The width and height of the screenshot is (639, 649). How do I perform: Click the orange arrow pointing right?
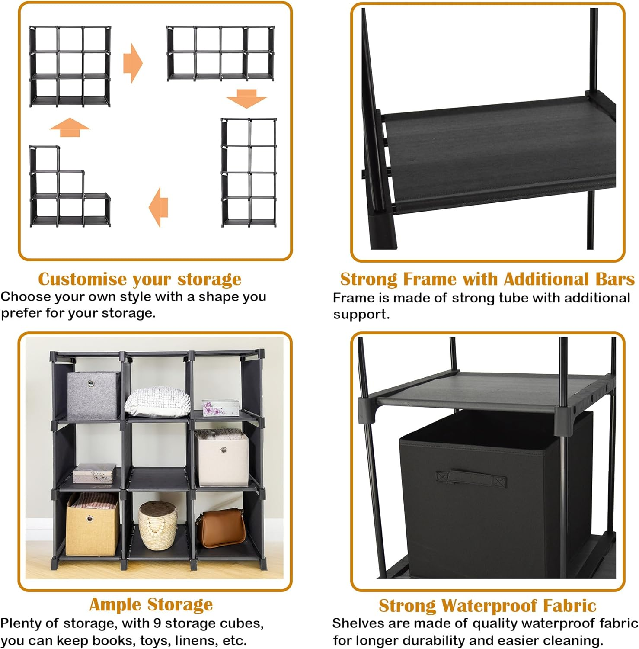pyautogui.click(x=132, y=64)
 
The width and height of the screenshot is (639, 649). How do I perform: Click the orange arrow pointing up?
pyautogui.click(x=70, y=127)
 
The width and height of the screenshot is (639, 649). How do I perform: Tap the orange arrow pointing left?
pyautogui.click(x=158, y=207)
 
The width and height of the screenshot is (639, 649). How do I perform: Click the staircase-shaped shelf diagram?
pyautogui.click(x=69, y=187)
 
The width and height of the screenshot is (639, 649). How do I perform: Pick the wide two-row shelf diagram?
pyautogui.click(x=220, y=53)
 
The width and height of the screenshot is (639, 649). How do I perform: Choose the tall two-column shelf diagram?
pyautogui.click(x=249, y=172)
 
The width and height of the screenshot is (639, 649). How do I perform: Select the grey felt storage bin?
pyautogui.click(x=94, y=395)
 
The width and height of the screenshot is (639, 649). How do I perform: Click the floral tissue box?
pyautogui.click(x=220, y=407)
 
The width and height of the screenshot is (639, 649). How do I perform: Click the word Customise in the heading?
pyautogui.click(x=82, y=279)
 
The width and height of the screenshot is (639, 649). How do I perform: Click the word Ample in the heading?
pyautogui.click(x=115, y=604)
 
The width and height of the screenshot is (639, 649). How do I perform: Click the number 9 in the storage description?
pyautogui.click(x=157, y=623)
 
